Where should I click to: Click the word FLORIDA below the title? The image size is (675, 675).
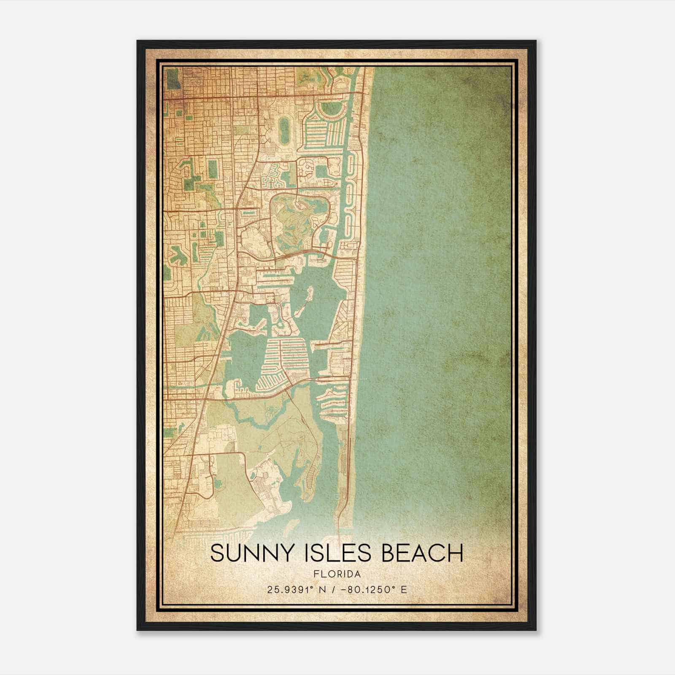tap(337, 574)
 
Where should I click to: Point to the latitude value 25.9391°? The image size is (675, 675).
tap(290, 589)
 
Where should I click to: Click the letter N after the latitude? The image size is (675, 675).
tap(323, 589)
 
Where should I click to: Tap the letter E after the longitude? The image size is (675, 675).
tap(404, 589)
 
